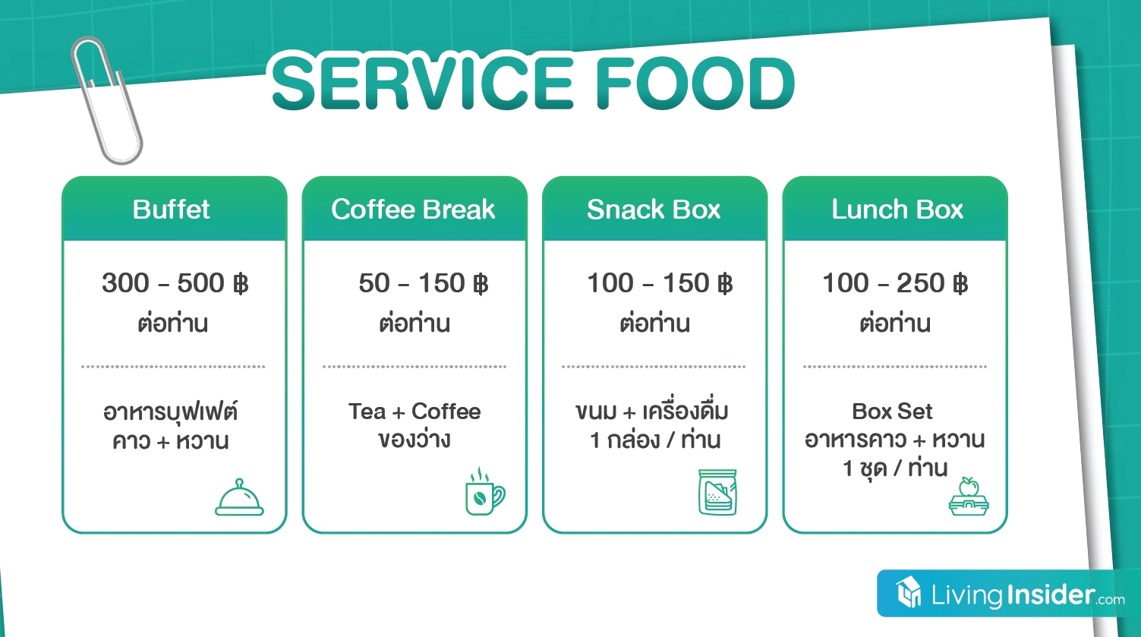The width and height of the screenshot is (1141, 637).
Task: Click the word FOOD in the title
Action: click(x=695, y=83)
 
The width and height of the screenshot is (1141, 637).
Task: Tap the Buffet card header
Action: click(x=171, y=209)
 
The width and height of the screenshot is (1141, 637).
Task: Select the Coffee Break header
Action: click(x=413, y=209)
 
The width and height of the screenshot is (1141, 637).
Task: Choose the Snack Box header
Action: click(x=654, y=209)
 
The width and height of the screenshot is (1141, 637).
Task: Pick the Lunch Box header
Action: click(x=897, y=209)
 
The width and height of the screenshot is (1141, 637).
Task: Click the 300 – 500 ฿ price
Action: click(x=175, y=283)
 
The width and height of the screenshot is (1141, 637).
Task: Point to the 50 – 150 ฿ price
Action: click(x=424, y=283)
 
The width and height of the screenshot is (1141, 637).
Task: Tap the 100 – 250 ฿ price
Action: click(x=895, y=283)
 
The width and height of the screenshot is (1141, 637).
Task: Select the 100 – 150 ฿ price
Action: click(x=660, y=283)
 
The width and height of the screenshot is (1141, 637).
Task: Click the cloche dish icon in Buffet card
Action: click(x=239, y=497)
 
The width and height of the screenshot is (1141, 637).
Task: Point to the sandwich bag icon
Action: click(x=717, y=492)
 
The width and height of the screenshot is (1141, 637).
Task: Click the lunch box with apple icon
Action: click(x=969, y=497)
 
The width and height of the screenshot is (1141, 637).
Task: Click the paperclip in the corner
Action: click(x=106, y=100)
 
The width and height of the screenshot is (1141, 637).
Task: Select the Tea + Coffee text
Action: click(x=414, y=412)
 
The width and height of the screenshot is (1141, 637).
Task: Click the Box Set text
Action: click(x=893, y=412)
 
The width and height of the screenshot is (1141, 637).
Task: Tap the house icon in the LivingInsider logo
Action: click(x=909, y=592)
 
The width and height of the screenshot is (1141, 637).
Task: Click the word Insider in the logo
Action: click(x=1050, y=594)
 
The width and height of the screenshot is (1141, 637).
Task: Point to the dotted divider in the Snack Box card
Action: click(x=654, y=367)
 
